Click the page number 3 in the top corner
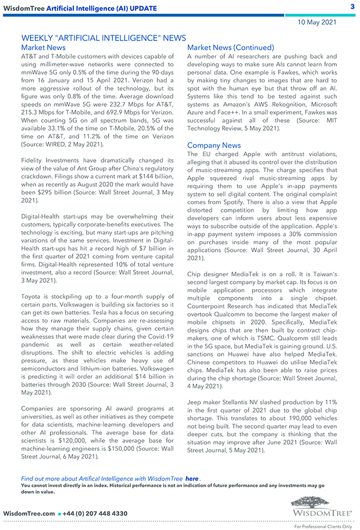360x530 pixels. [352, 7]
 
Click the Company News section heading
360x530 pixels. [214, 146]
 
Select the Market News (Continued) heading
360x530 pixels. [230, 48]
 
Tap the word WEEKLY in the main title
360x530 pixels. [38, 38]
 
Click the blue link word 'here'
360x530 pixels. [192, 478]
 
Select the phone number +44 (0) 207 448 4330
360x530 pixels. [95, 513]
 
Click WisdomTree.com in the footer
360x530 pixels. [29, 513]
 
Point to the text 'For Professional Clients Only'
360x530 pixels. [323, 526]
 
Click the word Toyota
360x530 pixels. [32, 297]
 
